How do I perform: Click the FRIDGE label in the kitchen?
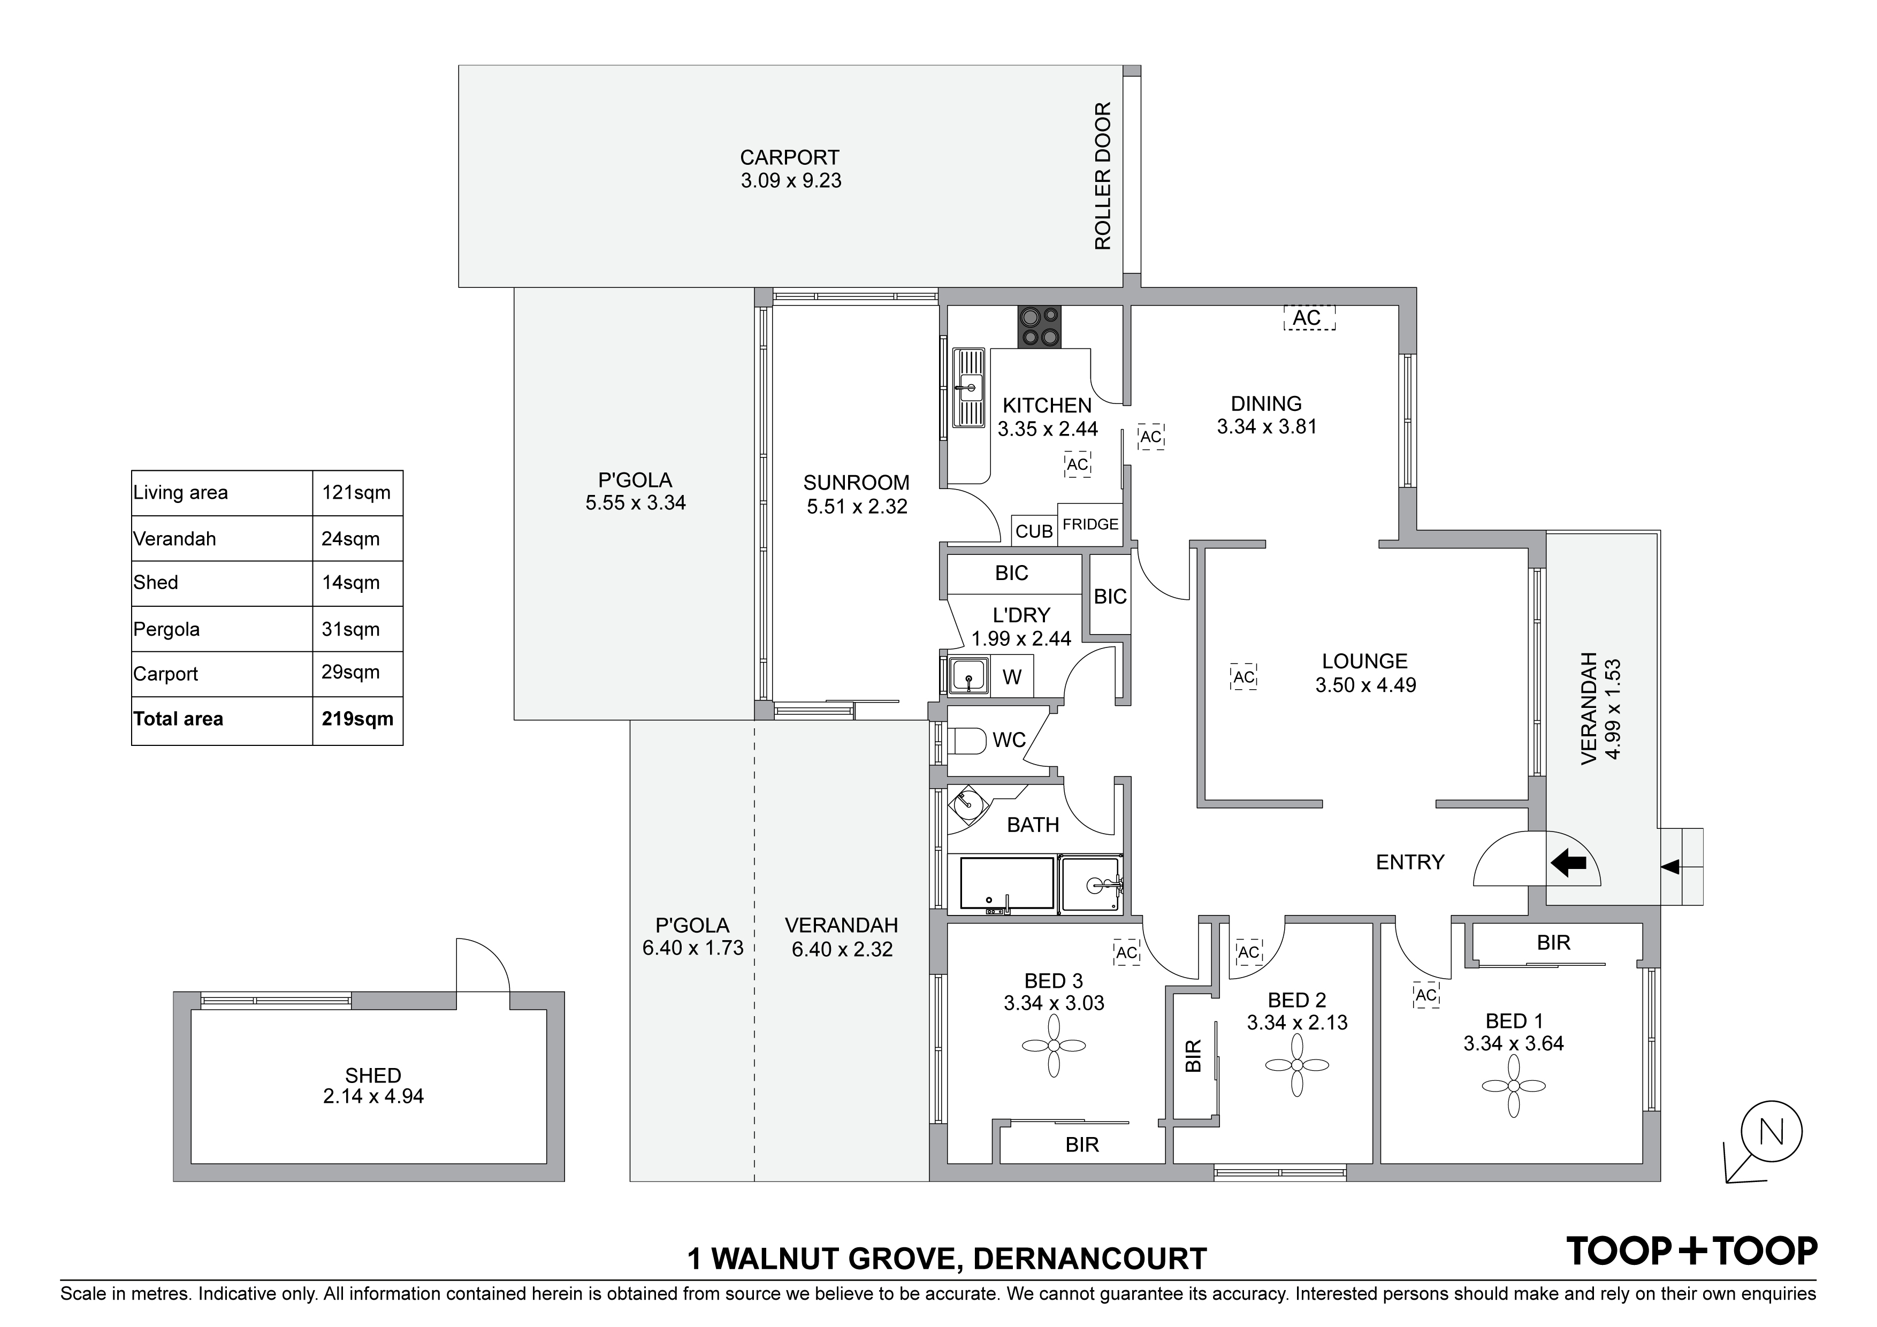1090,524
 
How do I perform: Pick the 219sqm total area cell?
357,720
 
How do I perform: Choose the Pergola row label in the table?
167,630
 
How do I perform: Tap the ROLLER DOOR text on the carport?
1103,176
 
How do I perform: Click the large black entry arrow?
1568,862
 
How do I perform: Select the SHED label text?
373,1075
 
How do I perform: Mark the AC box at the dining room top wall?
1309,318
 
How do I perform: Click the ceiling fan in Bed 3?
1054,1046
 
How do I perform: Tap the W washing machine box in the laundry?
1012,677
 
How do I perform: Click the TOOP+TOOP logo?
1691,1251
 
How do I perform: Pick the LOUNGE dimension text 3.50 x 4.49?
1365,685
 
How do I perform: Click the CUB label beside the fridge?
1034,531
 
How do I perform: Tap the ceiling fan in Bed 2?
1298,1065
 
